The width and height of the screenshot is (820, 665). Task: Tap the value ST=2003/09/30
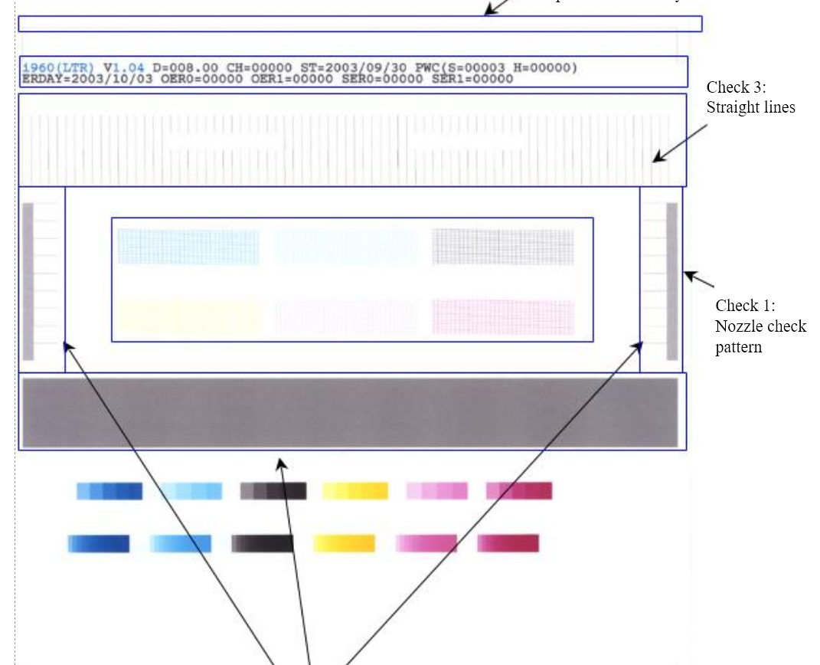(x=354, y=67)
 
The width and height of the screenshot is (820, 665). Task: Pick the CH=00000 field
(x=259, y=67)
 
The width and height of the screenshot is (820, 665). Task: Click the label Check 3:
(x=736, y=87)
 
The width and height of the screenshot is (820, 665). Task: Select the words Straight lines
(x=750, y=107)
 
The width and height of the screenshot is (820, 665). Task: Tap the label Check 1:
(x=746, y=306)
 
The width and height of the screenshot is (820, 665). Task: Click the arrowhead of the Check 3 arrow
(x=655, y=159)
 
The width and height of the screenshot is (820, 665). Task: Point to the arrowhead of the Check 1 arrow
(x=687, y=274)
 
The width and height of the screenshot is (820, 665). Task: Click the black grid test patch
(x=502, y=247)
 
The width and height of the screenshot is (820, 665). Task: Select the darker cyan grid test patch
(x=188, y=247)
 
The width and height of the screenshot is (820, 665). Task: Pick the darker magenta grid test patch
(x=502, y=316)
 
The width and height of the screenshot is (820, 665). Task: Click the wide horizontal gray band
(x=350, y=412)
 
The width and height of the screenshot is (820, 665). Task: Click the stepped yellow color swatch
(x=354, y=491)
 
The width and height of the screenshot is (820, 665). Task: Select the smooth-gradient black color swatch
(x=262, y=544)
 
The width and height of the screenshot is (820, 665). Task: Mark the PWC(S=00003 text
(x=456, y=67)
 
